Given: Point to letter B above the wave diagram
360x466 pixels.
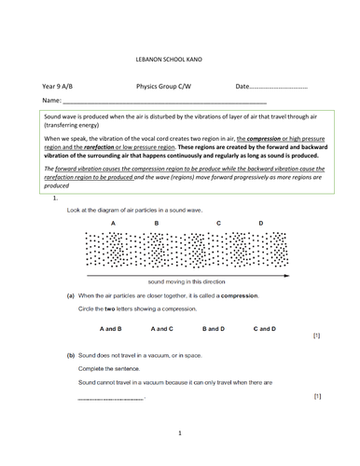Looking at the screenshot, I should pos(156,224).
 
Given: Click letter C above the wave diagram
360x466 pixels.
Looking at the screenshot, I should pos(218,224).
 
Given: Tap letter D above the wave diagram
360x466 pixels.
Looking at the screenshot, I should pos(260,224).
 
